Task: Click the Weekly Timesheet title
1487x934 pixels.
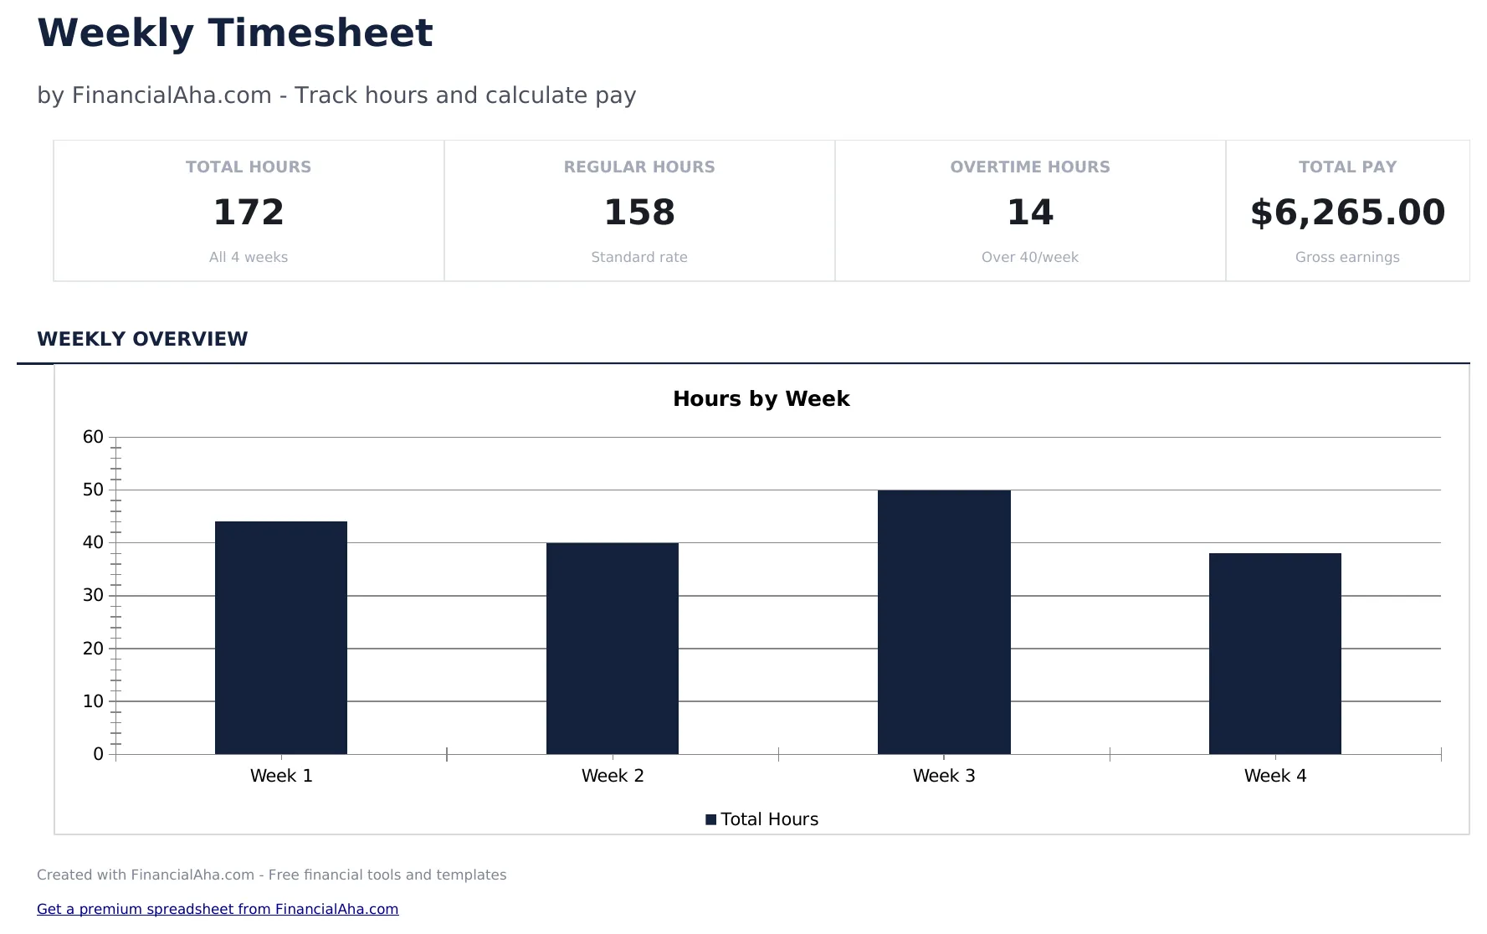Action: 234,34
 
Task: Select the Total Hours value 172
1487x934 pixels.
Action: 249,213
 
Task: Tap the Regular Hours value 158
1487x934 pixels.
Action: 639,213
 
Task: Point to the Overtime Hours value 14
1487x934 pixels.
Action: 1030,213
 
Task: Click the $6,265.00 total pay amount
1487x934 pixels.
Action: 1347,213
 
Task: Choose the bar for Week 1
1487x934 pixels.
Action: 281,638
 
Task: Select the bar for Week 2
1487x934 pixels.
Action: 613,649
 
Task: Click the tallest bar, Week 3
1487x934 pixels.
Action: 944,622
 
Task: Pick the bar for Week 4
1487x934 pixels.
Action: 1274,654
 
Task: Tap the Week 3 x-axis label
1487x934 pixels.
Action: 944,776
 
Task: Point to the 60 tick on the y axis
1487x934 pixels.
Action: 93,437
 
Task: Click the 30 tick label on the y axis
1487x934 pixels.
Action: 93,596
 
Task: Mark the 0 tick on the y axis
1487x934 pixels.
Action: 98,754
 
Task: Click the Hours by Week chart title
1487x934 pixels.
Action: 761,398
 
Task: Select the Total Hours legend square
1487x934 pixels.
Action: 710,819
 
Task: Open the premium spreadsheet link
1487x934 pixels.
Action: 218,909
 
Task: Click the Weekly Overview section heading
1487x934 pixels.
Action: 142,339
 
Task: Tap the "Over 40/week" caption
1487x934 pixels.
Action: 1030,258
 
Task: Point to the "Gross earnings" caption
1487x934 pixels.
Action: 1347,258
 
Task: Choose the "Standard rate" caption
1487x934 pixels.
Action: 639,258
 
